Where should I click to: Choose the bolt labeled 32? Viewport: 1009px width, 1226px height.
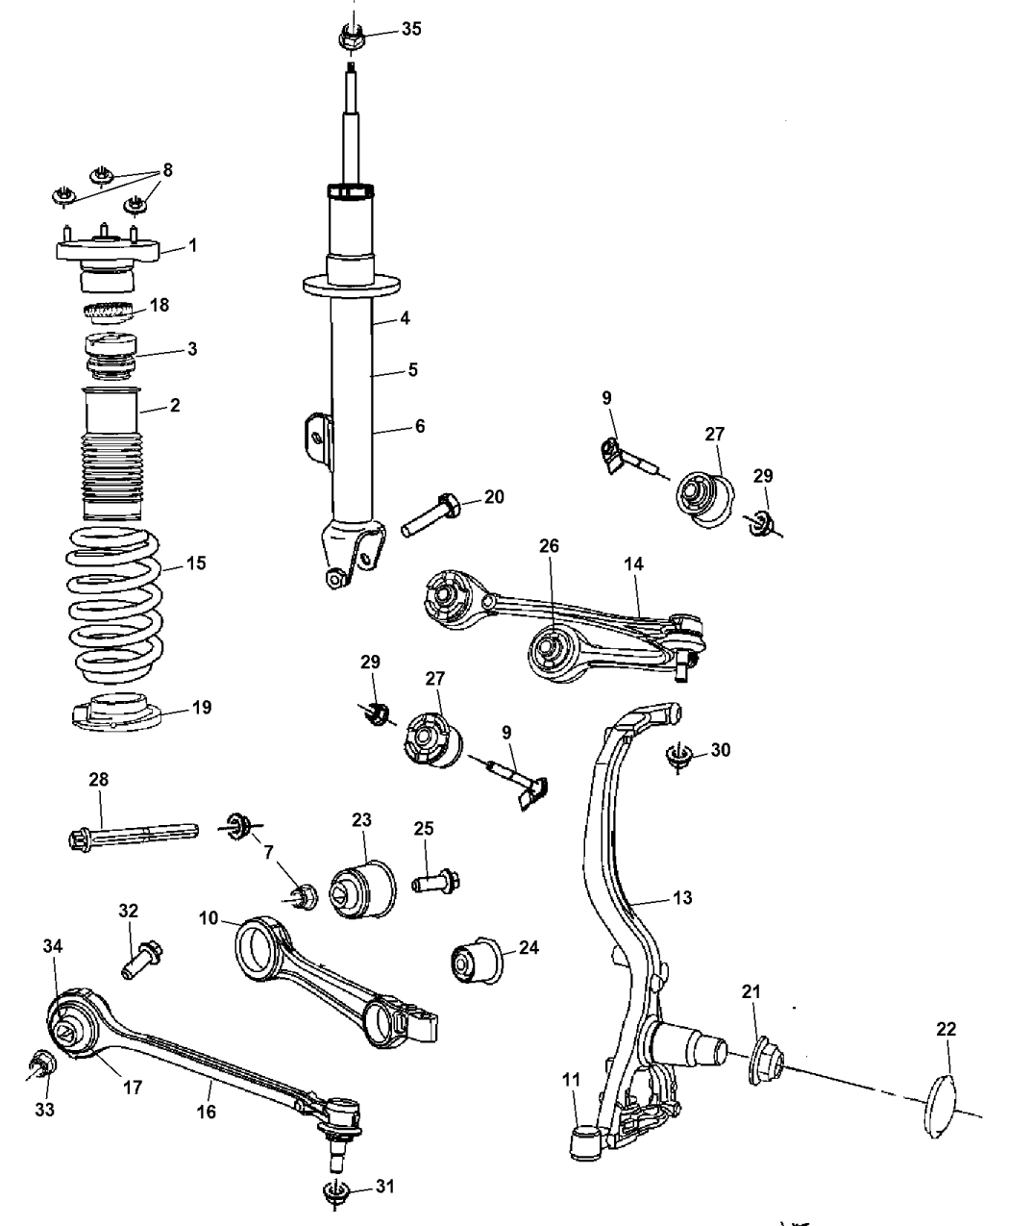[x=140, y=958]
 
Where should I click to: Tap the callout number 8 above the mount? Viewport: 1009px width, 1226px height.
[x=168, y=170]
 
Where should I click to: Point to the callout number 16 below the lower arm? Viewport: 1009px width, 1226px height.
[x=208, y=1111]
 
